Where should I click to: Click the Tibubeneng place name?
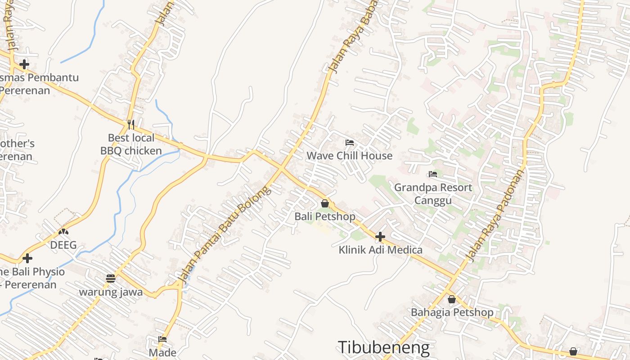[x=383, y=347]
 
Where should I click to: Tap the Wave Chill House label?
[x=349, y=156]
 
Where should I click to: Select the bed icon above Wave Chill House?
[x=349, y=143]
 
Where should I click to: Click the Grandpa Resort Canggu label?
[x=433, y=193]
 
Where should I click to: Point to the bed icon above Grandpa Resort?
[x=433, y=174]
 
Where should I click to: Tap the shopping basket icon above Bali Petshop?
[x=325, y=204]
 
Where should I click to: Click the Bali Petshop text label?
[x=325, y=216]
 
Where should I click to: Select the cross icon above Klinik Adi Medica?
[x=380, y=236]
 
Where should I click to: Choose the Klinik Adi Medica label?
[x=380, y=250]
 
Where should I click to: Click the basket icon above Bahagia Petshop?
[x=452, y=299]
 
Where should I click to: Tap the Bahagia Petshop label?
[x=452, y=312]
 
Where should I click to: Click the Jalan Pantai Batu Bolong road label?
[x=225, y=235]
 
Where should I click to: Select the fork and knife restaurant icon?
[x=131, y=124]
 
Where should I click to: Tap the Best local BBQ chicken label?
[x=131, y=144]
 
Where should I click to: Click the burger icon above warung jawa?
[x=111, y=278]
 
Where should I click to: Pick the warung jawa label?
[x=111, y=292]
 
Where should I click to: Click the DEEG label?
[x=63, y=245]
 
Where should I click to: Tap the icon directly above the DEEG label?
[x=63, y=232]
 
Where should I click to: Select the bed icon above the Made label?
[x=162, y=339]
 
